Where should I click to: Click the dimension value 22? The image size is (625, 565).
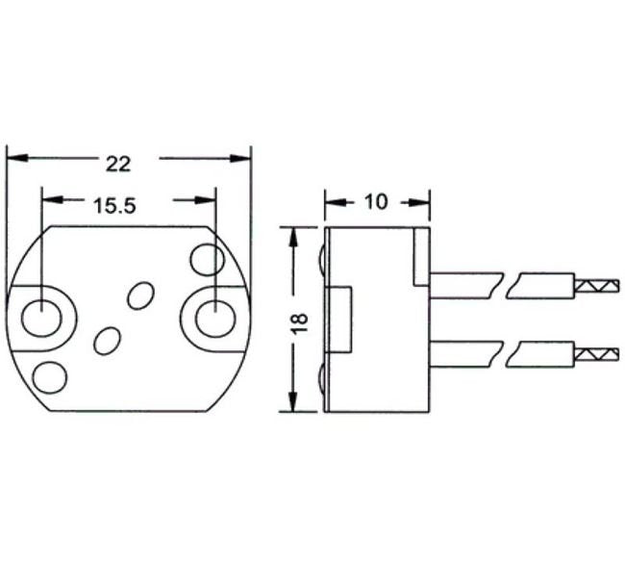pos(117,163)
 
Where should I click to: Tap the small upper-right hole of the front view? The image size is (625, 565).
pos(207,259)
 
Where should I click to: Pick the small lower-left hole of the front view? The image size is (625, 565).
pos(49,375)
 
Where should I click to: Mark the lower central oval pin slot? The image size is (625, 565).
pos(107,340)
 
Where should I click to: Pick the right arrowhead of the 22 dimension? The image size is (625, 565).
pos(240,157)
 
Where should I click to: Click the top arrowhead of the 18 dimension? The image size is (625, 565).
pos(292,235)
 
